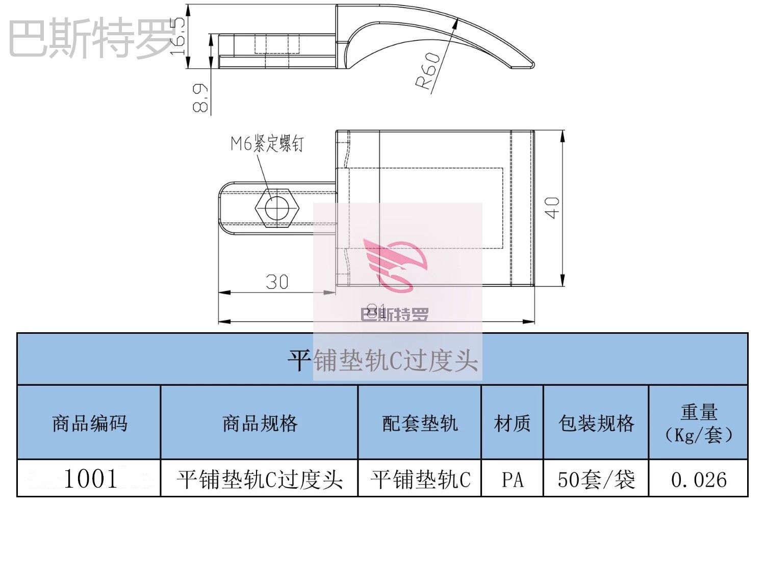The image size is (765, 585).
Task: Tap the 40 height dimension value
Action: point(553,208)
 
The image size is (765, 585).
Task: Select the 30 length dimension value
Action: point(277,281)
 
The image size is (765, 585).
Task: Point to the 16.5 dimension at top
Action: point(178,37)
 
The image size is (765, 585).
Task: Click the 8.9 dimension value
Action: point(201,98)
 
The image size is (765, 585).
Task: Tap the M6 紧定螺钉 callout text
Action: point(267,144)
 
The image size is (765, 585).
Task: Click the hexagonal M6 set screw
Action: point(276,207)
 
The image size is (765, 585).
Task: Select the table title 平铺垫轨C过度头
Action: point(382,360)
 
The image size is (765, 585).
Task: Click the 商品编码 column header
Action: point(89,423)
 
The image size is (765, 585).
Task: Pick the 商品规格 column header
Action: point(260,423)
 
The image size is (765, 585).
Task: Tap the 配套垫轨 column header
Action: point(420,423)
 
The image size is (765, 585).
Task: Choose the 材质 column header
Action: point(512,423)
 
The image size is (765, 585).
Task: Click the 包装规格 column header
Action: point(596,423)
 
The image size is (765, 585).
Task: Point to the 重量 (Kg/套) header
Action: point(698,423)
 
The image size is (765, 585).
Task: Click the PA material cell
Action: point(512,479)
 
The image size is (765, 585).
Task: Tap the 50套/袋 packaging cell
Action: point(596,479)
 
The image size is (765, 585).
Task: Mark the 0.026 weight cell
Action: point(698,479)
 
